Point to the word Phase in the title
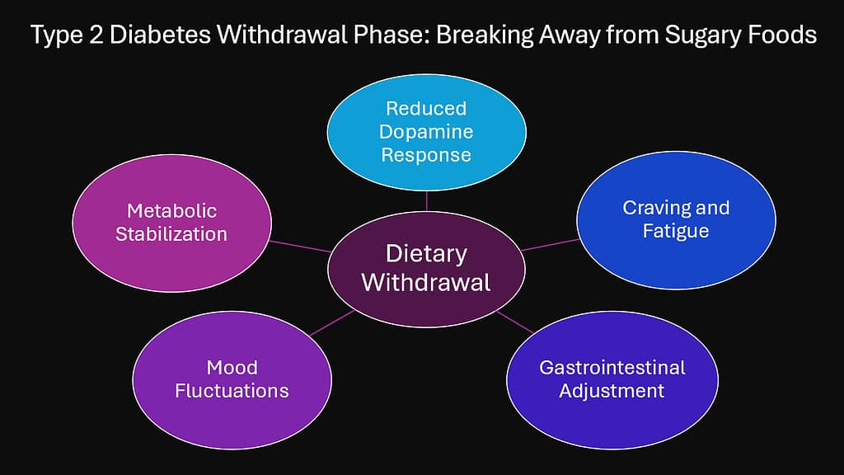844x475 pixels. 359,37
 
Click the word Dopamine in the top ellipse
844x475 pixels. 426,132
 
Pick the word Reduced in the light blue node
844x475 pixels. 426,109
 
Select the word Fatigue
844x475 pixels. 676,231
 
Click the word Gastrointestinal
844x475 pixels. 612,367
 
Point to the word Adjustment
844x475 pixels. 612,390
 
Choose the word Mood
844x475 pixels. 232,367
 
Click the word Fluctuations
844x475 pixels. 232,390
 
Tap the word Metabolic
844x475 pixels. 171,211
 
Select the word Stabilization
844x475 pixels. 171,234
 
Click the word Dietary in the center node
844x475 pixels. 426,254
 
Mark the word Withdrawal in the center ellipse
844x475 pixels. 426,283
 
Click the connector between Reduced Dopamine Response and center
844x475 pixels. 427,200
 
